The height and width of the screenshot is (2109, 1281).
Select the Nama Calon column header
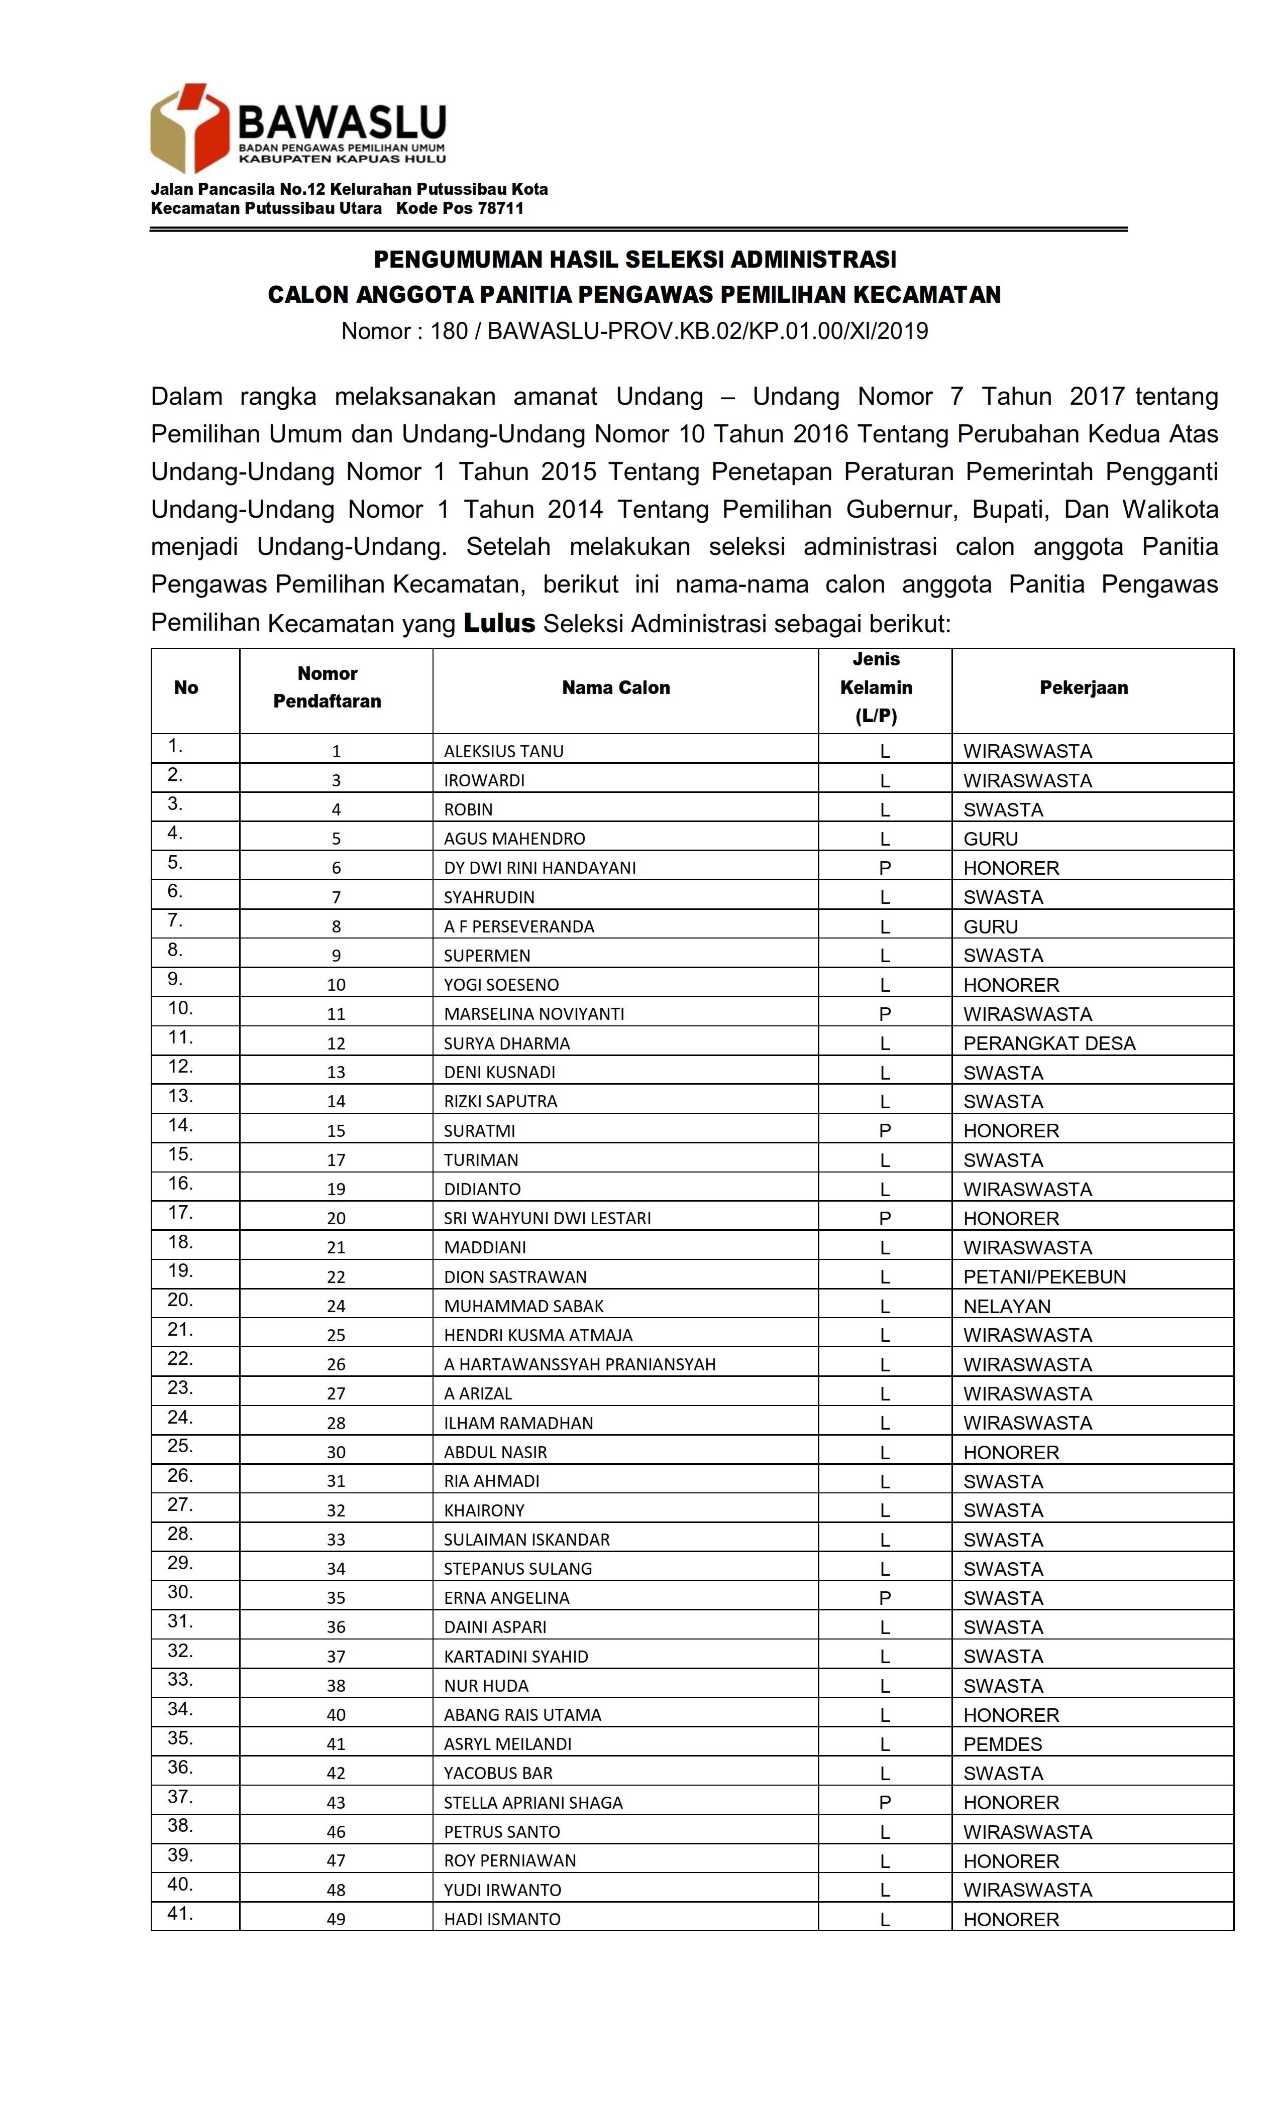coord(616,687)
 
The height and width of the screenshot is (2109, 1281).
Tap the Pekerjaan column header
coord(1083,687)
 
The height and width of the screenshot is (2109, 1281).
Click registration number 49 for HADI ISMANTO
coord(336,1919)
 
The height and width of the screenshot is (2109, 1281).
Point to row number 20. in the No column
coord(180,1300)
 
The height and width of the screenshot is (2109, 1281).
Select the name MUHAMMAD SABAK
coord(523,1306)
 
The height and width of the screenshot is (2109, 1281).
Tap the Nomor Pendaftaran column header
coord(327,687)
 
